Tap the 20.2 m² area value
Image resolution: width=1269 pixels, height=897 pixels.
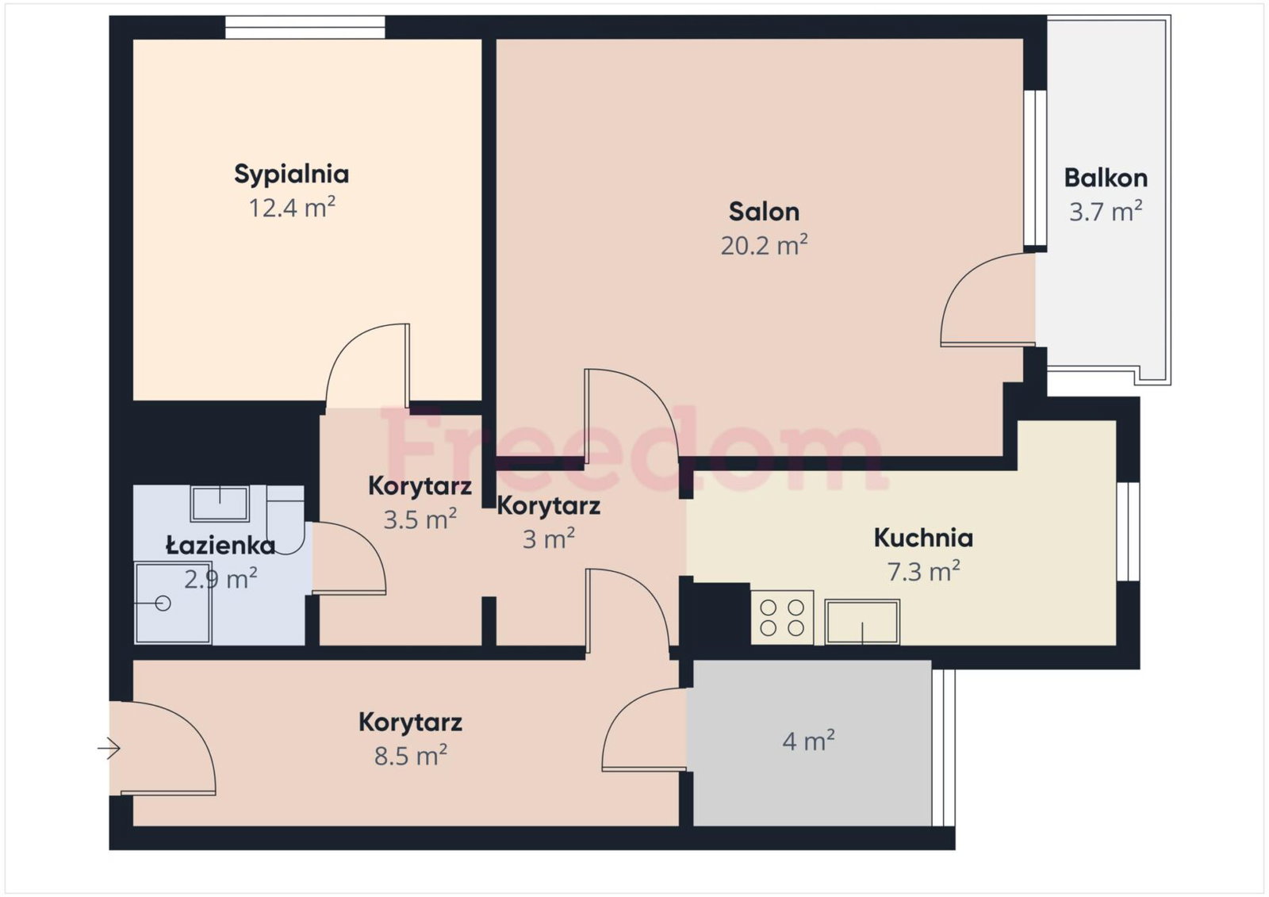point(764,245)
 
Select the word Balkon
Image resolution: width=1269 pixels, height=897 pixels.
point(1106,178)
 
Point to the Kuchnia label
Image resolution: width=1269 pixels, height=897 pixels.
point(923,538)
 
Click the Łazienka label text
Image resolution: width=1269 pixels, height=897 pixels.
point(220,545)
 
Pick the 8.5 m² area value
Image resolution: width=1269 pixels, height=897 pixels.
point(411,756)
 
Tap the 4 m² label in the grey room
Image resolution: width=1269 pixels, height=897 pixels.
point(808,740)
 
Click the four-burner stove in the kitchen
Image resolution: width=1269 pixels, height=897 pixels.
point(782,618)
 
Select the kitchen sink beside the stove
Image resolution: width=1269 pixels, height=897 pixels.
point(862,622)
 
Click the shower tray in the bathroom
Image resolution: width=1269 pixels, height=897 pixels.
point(173,603)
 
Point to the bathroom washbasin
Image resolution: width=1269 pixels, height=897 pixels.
point(220,503)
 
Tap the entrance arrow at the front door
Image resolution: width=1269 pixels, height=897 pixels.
point(109,749)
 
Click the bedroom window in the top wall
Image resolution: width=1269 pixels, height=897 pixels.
point(305,27)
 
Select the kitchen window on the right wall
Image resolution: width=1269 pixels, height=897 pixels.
point(1128,531)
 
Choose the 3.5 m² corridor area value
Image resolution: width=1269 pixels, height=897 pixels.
point(420,519)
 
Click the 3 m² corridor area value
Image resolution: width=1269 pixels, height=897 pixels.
point(548,539)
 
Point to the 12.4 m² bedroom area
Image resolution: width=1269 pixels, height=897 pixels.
point(292,208)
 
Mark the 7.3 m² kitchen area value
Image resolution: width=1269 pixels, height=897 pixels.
point(923,572)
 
